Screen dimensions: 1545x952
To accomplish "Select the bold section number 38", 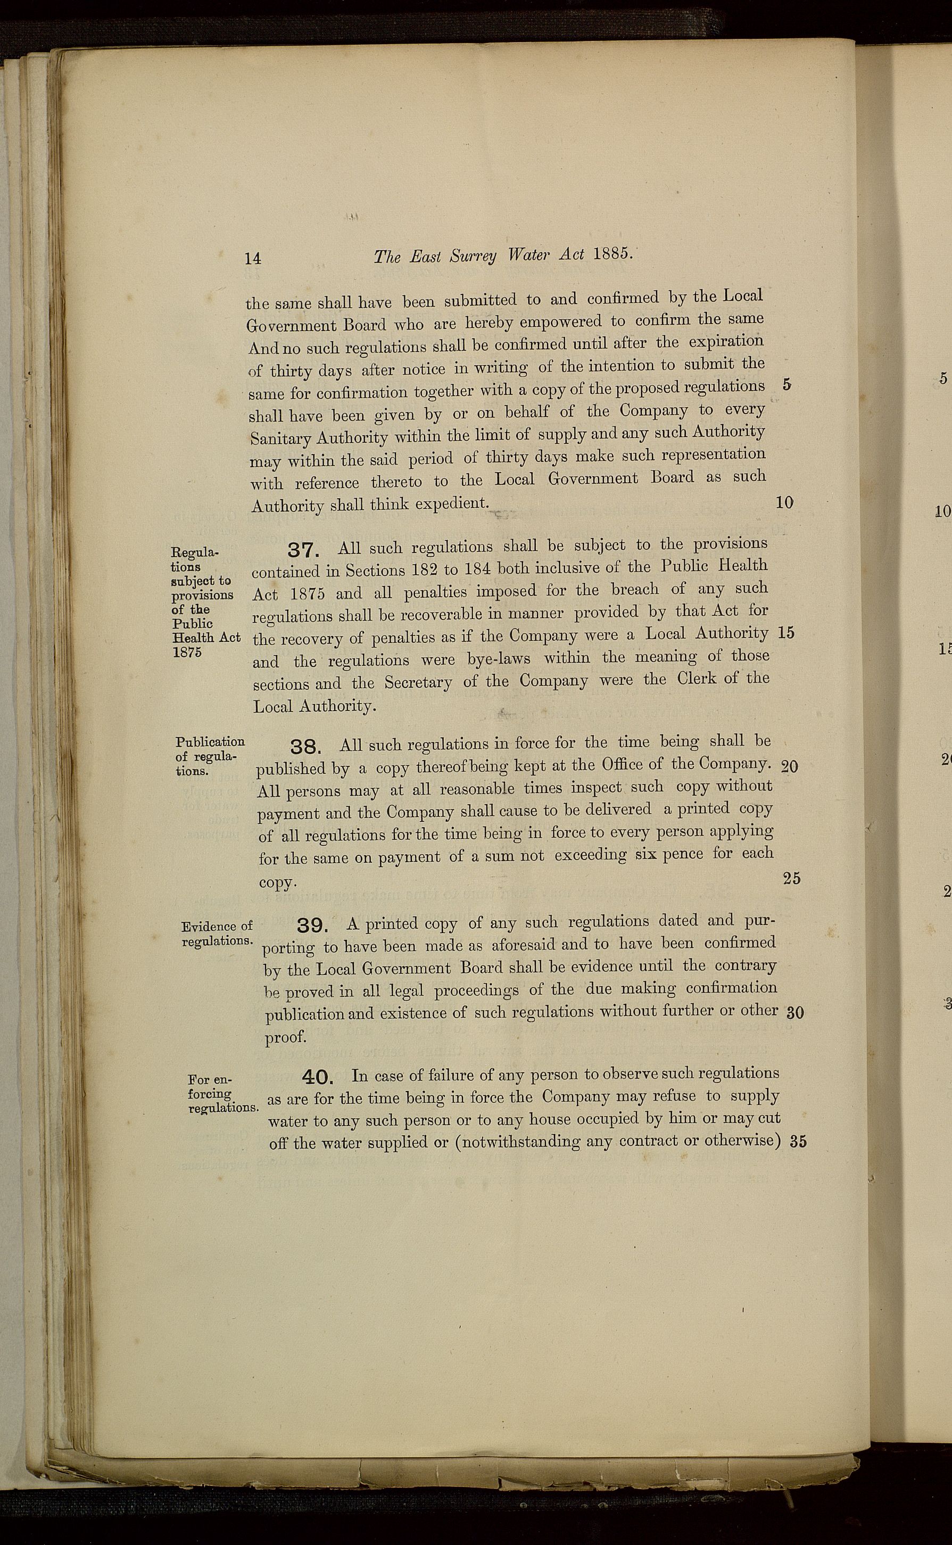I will [306, 747].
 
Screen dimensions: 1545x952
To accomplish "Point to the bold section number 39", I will [312, 926].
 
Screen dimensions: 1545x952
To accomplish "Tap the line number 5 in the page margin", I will [787, 385].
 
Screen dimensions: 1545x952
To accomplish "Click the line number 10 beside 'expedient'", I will [785, 502].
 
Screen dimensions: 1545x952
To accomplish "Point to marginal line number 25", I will [791, 878].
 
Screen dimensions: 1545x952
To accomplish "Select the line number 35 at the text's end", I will [798, 1142].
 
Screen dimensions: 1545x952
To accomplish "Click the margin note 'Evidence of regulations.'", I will [217, 933].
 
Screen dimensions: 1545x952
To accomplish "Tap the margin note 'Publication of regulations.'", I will [210, 756].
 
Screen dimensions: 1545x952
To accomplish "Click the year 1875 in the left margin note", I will [186, 652].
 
